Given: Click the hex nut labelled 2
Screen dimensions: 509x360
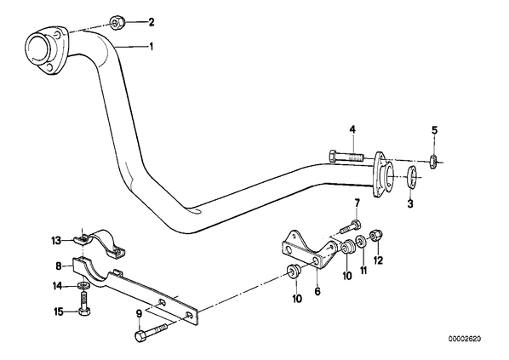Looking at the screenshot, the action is click(x=116, y=23).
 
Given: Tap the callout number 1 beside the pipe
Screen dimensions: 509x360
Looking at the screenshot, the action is click(x=151, y=47).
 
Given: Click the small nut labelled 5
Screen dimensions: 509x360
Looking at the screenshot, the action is click(x=433, y=161).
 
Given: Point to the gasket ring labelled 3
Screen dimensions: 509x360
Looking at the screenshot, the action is click(x=412, y=177).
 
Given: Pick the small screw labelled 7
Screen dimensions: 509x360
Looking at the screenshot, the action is click(x=351, y=227).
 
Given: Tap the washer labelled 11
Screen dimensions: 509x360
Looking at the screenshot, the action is click(x=361, y=241).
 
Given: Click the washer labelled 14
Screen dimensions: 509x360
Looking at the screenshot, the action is click(x=84, y=287).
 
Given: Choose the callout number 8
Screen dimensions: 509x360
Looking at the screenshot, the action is click(x=58, y=266).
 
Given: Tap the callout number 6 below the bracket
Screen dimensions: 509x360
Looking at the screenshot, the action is click(x=317, y=292).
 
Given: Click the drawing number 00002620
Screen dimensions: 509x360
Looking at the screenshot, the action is click(x=465, y=340).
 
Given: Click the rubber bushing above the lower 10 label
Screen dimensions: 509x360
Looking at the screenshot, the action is click(x=294, y=271).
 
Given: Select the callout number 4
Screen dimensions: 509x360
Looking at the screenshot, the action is click(x=352, y=130).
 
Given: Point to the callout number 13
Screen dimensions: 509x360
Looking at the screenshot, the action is click(x=56, y=241).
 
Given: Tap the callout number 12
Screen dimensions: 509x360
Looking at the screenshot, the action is click(x=378, y=260).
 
